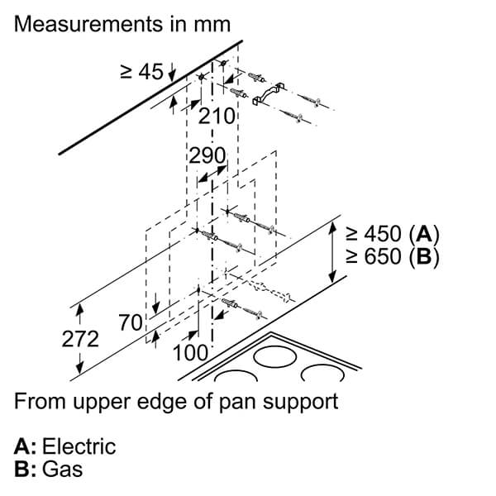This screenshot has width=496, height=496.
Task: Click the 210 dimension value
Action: (x=217, y=116)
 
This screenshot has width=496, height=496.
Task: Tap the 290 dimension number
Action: (x=207, y=155)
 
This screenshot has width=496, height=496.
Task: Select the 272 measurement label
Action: (x=80, y=339)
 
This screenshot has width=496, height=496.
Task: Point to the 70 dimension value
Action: (x=131, y=322)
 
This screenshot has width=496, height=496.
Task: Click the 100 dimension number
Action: (x=191, y=352)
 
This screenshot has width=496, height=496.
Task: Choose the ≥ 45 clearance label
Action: (x=141, y=71)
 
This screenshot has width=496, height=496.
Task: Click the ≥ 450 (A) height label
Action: (x=392, y=234)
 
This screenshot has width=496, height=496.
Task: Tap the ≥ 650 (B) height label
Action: (x=392, y=256)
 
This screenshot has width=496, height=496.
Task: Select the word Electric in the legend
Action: (x=79, y=446)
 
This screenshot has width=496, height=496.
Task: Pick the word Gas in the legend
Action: (x=62, y=469)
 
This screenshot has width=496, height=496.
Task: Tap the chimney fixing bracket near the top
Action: (x=269, y=93)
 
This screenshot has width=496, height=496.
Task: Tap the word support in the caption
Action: (x=301, y=403)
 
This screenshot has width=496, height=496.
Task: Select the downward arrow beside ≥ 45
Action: (x=172, y=72)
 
